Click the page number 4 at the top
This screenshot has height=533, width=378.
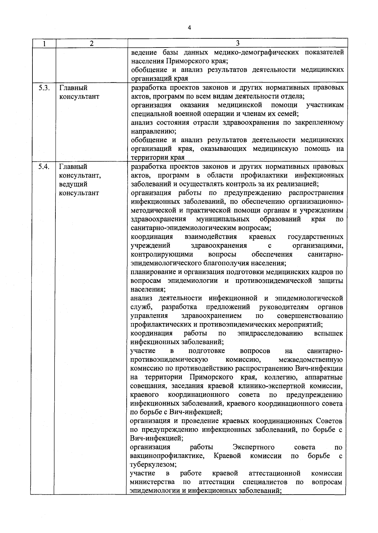(189, 28)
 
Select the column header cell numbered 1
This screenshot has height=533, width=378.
(44, 43)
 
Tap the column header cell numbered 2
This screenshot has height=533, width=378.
(91, 43)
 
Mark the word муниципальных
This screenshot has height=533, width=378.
(223, 219)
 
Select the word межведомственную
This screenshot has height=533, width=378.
(311, 360)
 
